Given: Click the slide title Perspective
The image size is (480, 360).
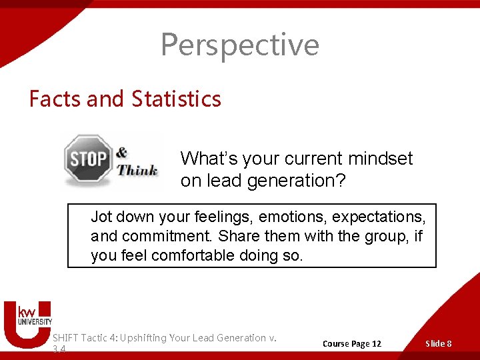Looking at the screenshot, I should pos(240,45).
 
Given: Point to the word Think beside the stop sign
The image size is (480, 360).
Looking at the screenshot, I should pos(138,170).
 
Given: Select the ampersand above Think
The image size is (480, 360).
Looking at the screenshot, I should pos(122,153).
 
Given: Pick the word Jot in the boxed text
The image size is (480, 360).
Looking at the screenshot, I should pos(102,217).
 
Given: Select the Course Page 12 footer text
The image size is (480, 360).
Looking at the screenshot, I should pos(352,343).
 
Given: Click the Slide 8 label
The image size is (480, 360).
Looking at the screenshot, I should pos(439,343).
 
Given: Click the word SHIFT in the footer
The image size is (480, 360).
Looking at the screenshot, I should pos(65,338).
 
